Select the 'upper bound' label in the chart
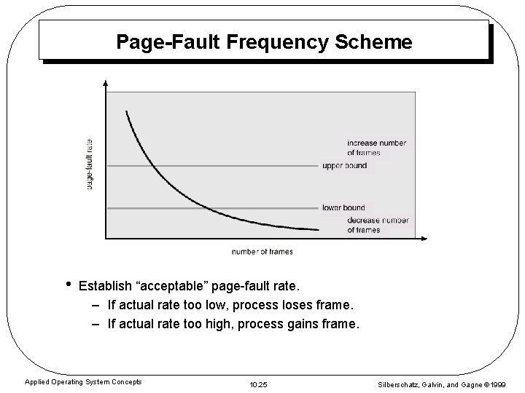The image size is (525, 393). click(344, 166)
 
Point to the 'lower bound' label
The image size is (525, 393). click(343, 208)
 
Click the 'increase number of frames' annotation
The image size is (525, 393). click(377, 148)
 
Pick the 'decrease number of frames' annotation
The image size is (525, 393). click(378, 225)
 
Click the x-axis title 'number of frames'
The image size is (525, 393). click(262, 252)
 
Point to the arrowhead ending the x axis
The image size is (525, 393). click(427, 238)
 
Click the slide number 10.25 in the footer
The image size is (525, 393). click(259, 383)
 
